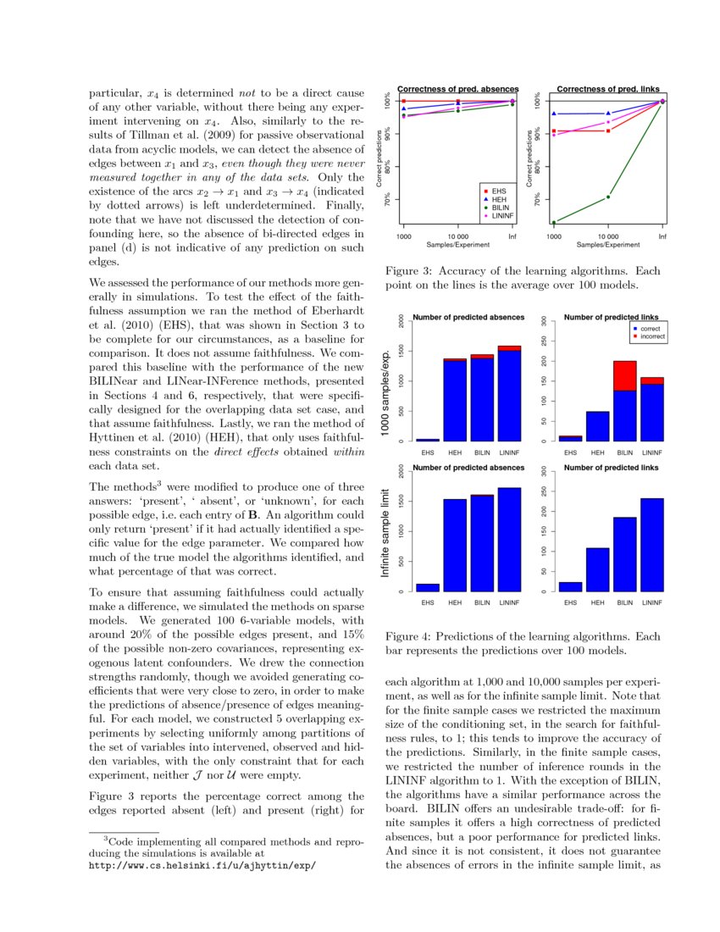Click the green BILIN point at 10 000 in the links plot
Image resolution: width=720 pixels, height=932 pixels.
608,197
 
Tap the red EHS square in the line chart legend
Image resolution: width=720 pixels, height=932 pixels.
486,191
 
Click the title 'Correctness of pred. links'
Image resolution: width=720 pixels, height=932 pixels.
607,88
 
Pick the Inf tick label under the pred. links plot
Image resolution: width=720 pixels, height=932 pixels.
662,236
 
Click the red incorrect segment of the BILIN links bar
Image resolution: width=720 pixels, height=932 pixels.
625,375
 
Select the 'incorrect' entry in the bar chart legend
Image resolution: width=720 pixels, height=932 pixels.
652,336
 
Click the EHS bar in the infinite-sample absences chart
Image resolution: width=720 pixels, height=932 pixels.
428,586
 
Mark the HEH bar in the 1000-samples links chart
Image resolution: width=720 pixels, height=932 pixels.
598,425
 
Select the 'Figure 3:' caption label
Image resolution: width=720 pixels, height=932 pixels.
410,271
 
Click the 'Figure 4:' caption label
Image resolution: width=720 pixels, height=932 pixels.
410,636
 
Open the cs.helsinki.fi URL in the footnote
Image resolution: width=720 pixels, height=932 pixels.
202,867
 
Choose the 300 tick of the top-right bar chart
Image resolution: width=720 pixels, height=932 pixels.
544,320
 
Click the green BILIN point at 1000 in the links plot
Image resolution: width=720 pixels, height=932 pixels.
554,223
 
